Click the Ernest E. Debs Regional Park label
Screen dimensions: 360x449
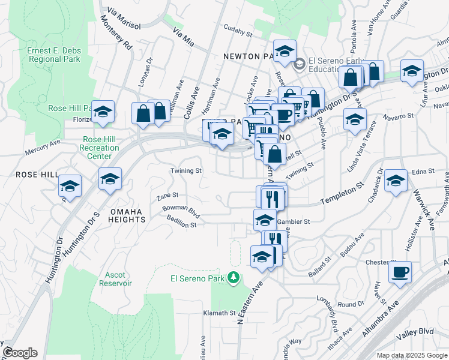53,55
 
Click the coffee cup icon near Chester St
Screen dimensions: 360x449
400,272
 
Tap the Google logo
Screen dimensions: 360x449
20,353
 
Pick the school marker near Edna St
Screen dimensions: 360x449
396,181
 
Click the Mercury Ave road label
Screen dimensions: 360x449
43,148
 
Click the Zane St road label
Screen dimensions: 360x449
167,195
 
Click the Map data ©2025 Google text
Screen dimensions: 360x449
411,355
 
